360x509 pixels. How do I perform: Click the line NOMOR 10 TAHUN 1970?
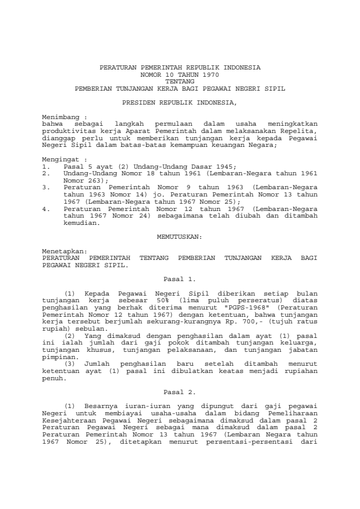[x=180, y=73]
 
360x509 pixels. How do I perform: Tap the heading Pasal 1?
[x=180, y=279]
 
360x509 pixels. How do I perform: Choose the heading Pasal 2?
[x=180, y=392]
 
